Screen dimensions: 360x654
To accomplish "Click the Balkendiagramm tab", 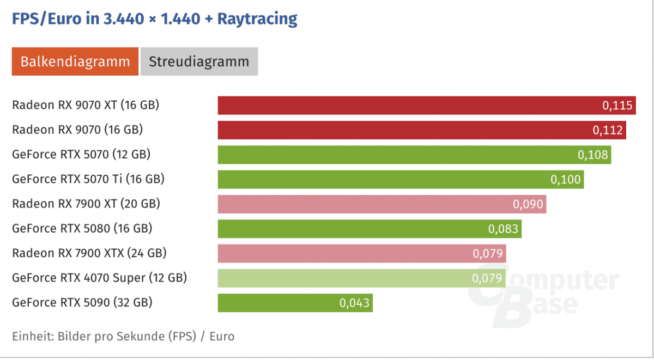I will tap(75, 62).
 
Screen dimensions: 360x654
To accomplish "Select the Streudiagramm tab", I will tap(199, 62).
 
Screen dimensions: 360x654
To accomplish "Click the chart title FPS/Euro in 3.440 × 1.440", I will tap(155, 19).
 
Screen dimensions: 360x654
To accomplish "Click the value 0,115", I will tap(618, 106).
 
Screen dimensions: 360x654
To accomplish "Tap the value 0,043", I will tap(354, 303).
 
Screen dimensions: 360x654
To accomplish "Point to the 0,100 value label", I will tap(566, 180).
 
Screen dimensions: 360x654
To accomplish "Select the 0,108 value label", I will tap(592, 155).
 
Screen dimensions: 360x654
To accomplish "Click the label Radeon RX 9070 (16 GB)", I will tap(77, 130).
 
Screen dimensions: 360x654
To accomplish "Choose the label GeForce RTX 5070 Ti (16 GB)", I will tap(88, 179).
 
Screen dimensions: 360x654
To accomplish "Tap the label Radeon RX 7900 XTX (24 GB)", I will tap(89, 253).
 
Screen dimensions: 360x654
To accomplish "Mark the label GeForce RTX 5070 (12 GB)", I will tap(81, 154).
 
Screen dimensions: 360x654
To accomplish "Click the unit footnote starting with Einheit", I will tap(123, 336).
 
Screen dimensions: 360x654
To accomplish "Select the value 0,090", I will tap(528, 204).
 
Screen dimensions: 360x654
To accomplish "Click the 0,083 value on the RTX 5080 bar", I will tap(503, 229).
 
